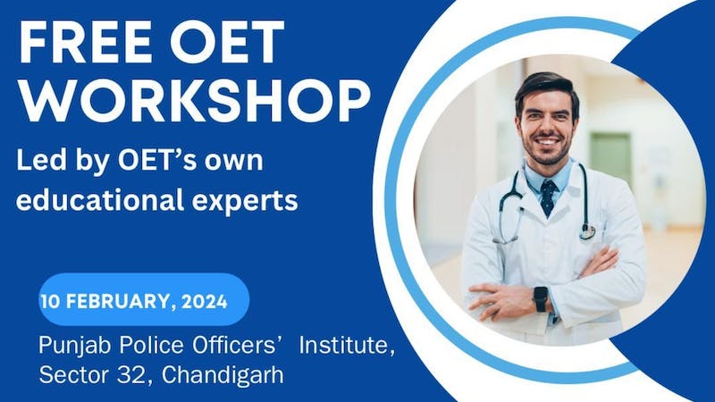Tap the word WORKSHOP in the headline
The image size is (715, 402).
pyautogui.click(x=193, y=101)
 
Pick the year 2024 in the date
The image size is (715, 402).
pyautogui.click(x=202, y=299)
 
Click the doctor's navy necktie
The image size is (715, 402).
pyautogui.click(x=547, y=197)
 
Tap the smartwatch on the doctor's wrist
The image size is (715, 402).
pyautogui.click(x=540, y=298)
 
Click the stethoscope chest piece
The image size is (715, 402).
pyautogui.click(x=587, y=230)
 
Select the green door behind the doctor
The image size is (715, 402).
pyautogui.click(x=610, y=156)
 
